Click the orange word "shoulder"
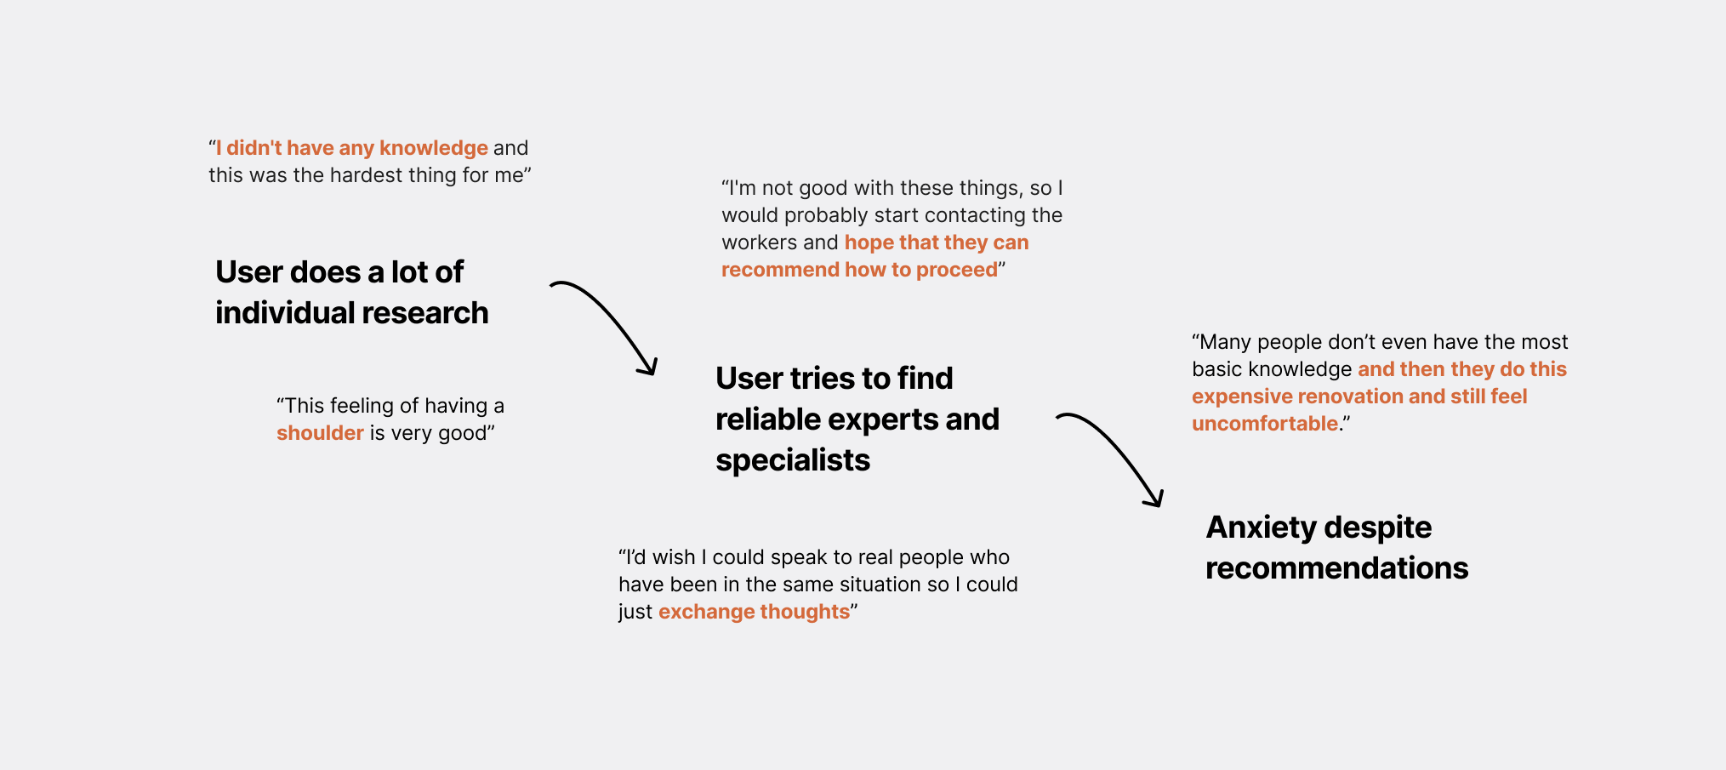[320, 433]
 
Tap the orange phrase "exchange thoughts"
[754, 612]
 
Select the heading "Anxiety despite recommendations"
[1336, 547]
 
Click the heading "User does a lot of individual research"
[351, 292]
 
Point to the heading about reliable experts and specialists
[857, 419]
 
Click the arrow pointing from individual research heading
[605, 324]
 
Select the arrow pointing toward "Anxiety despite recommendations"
[1110, 457]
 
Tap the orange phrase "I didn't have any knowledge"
[352, 148]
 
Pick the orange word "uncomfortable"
[1264, 424]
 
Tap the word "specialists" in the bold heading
[792, 460]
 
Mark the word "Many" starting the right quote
[1225, 342]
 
